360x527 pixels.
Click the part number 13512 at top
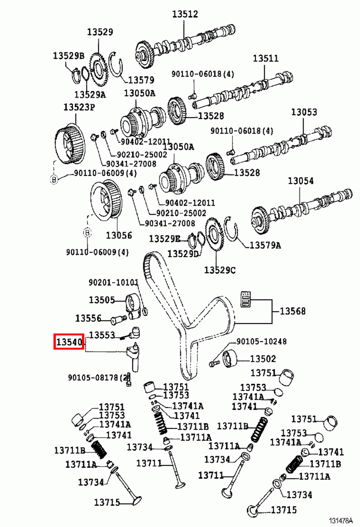185,14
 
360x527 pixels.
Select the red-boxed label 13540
69,342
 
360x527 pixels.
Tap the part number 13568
293,311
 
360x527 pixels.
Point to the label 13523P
79,107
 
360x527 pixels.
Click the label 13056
118,235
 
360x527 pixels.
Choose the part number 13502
263,358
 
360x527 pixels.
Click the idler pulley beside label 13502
229,358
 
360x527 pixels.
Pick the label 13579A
265,245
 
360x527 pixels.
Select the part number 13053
304,112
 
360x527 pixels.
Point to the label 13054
300,181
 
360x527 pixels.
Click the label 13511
265,58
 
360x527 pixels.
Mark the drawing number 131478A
341,521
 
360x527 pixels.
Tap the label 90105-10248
261,341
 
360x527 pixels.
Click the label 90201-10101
113,282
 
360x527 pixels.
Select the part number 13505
102,300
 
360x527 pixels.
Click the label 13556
88,318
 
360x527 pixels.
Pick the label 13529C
219,270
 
